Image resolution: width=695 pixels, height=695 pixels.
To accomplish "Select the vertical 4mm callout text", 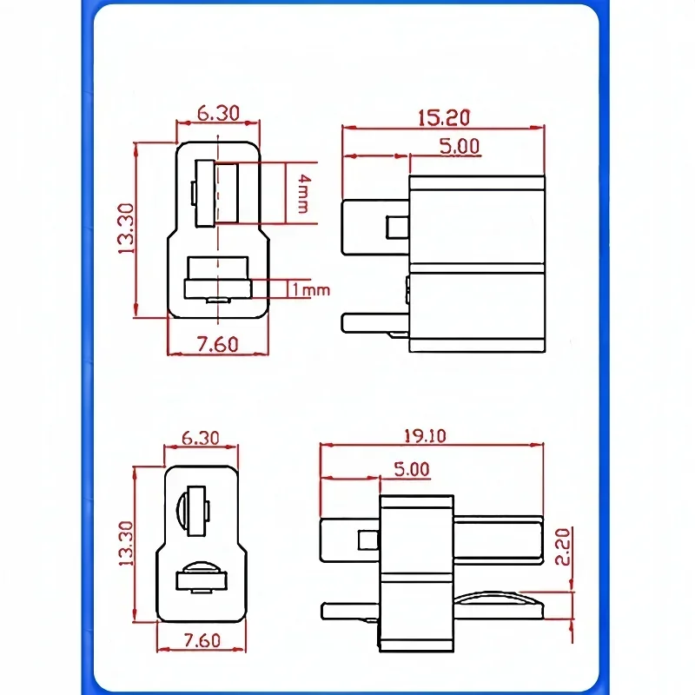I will (x=300, y=192).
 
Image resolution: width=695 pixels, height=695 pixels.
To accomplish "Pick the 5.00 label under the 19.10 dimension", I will (x=411, y=469).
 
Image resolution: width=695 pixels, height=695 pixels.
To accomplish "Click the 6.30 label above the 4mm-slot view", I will (x=218, y=114).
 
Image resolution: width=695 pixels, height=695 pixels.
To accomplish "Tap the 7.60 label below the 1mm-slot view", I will (x=217, y=344).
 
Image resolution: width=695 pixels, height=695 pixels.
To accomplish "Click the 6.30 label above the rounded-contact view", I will (x=201, y=438).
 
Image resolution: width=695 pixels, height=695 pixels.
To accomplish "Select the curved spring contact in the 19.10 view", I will (x=500, y=599).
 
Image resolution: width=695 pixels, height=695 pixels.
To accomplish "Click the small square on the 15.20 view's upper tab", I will (x=397, y=228).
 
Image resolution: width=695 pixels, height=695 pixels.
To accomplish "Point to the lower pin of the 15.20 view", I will (x=374, y=322).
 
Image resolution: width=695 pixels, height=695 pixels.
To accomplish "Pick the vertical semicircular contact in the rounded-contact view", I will (x=185, y=513).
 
